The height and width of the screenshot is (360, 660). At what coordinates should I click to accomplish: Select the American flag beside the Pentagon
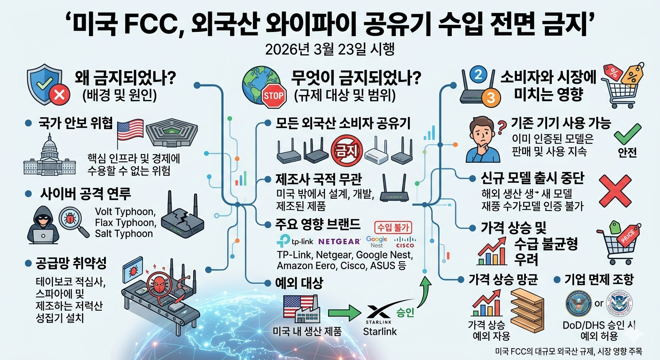[130, 129]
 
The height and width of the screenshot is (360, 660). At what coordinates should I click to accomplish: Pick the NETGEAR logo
[339, 242]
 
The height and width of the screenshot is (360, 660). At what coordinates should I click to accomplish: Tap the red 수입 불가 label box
[393, 227]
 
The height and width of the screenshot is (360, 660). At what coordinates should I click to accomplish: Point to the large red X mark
[615, 189]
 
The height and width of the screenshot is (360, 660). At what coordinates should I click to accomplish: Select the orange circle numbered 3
[491, 97]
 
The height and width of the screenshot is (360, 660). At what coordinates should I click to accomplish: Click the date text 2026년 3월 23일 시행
[330, 49]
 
